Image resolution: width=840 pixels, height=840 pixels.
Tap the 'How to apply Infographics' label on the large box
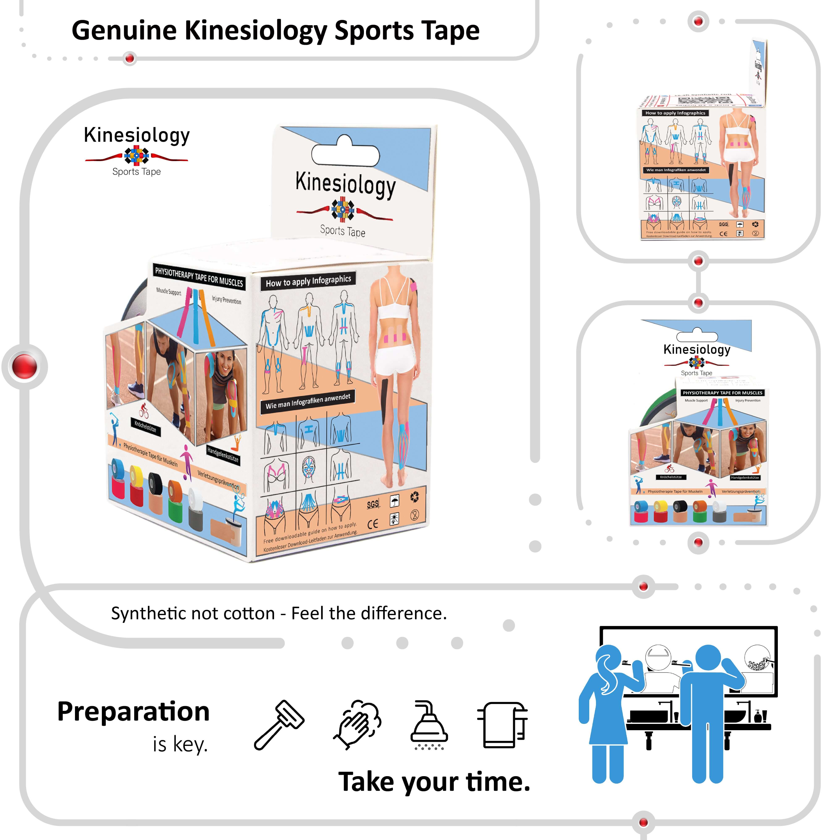[x=308, y=281]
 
